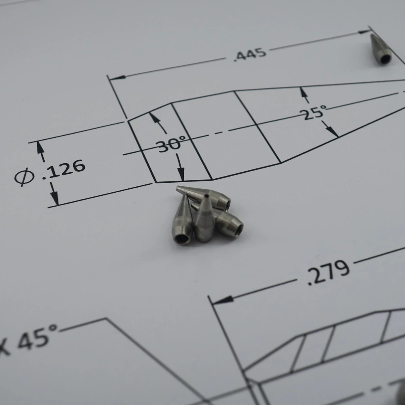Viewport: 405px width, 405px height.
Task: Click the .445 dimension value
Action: point(250,54)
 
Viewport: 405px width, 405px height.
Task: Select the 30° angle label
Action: point(171,143)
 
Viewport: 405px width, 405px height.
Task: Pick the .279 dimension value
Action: point(328,272)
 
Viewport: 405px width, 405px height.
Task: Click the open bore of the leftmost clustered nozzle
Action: point(182,239)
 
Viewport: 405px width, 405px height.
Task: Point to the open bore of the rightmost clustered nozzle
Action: point(239,230)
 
